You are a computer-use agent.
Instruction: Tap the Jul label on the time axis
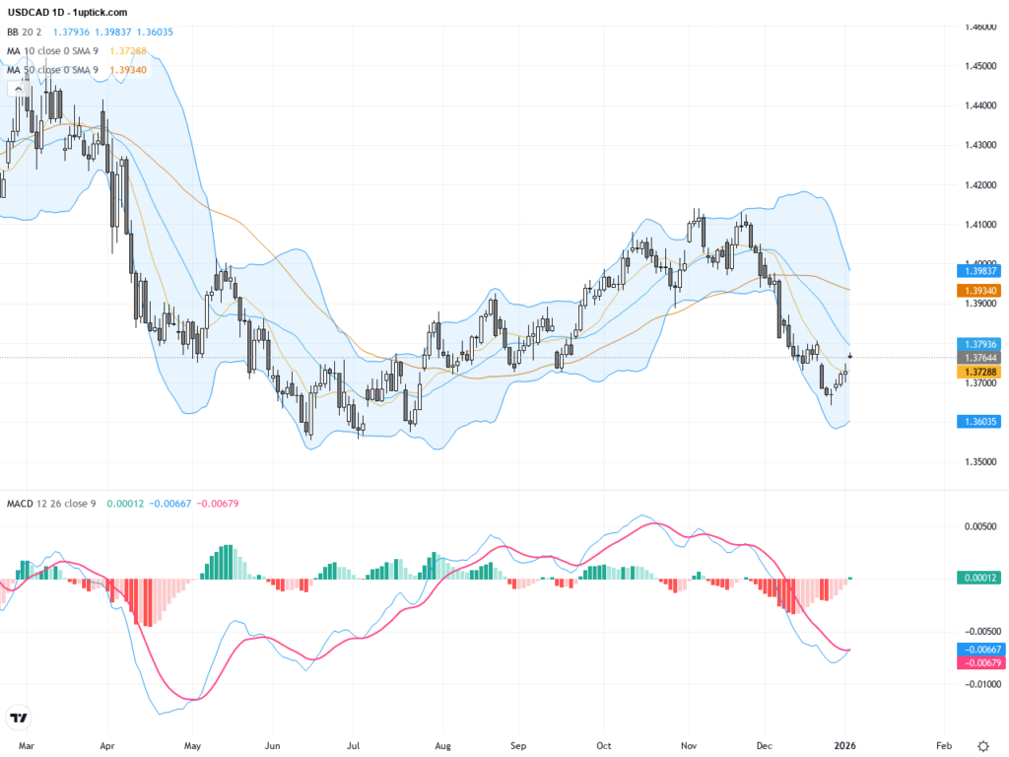coord(354,745)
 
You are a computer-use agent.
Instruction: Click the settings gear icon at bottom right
coord(983,745)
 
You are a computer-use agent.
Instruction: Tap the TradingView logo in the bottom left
coord(18,718)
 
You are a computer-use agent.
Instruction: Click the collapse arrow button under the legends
coord(17,89)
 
